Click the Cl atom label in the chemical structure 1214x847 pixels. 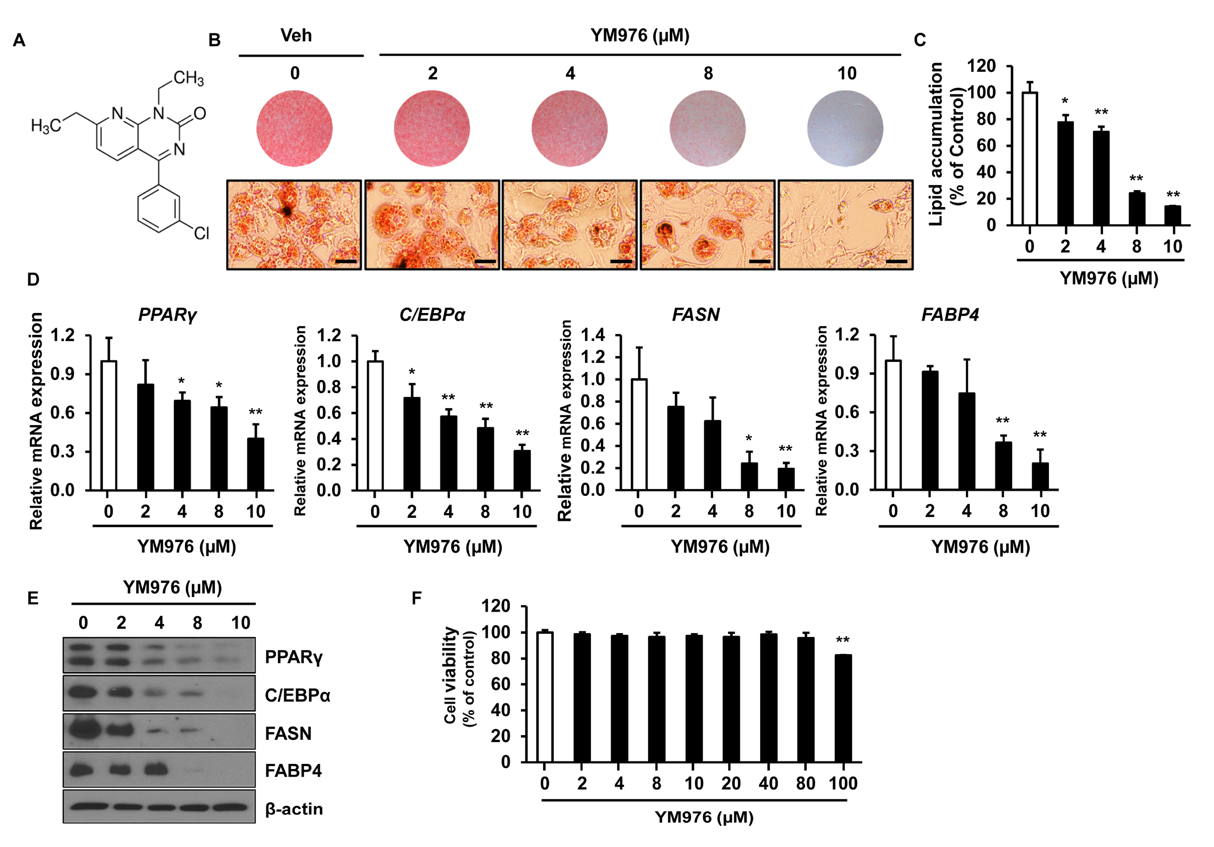(x=201, y=233)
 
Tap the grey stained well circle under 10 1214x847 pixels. (x=845, y=129)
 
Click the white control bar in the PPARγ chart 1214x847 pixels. (x=109, y=426)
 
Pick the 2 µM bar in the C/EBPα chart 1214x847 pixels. (x=412, y=444)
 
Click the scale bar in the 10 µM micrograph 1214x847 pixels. (x=896, y=261)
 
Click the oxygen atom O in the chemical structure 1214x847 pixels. (x=199, y=113)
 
